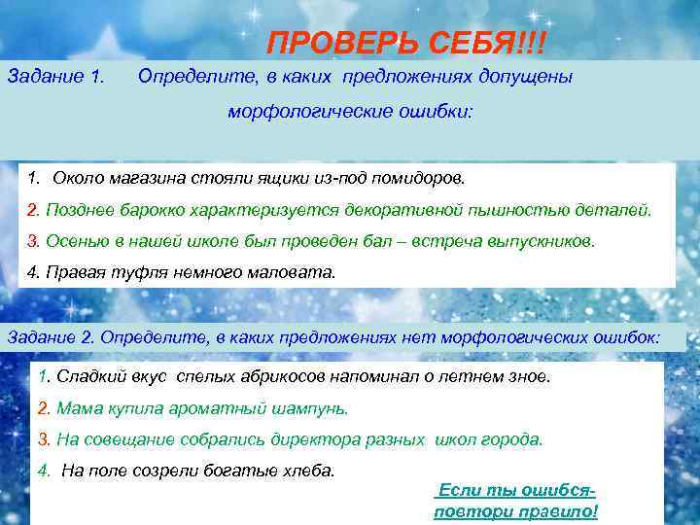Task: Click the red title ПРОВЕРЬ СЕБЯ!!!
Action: [x=406, y=44]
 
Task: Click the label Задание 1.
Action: [x=56, y=76]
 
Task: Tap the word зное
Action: [x=529, y=376]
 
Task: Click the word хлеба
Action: [x=307, y=471]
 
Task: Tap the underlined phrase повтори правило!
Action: [x=515, y=512]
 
